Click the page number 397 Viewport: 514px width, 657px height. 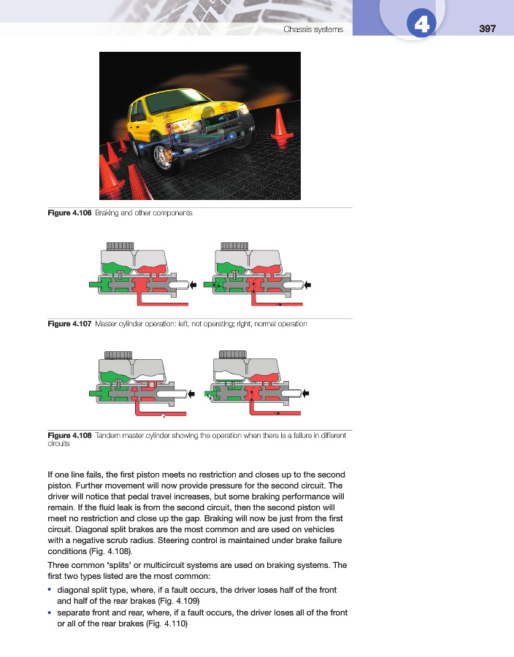487,28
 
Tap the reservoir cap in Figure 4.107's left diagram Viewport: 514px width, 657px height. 120,246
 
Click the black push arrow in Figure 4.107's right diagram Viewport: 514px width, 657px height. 307,284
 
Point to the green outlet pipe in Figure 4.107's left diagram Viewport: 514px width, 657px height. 93,284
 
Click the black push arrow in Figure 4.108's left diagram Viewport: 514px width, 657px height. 192,394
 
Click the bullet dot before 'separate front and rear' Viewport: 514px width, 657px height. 50,612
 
